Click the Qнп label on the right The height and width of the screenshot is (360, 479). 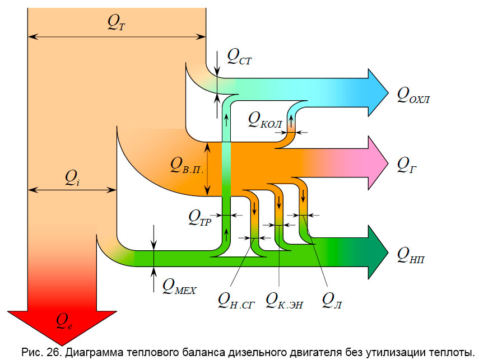click(411, 255)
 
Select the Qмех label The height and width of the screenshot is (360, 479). click(179, 287)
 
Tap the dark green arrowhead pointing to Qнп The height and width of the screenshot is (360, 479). click(376, 252)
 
